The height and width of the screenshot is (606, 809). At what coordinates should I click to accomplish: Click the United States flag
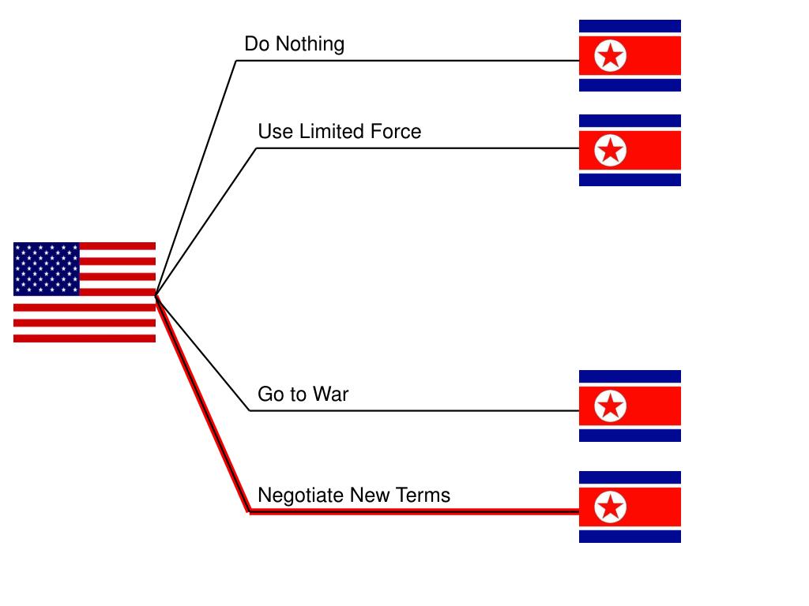pos(85,292)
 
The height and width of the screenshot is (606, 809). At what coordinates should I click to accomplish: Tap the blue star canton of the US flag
pos(47,268)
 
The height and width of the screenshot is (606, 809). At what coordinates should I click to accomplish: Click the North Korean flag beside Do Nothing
pos(630,55)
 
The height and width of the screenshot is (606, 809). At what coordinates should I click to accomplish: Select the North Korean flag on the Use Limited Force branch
pos(630,150)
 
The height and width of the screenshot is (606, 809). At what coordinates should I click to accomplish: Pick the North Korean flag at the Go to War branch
pos(630,406)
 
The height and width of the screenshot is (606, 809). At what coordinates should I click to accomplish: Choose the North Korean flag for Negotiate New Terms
pos(630,507)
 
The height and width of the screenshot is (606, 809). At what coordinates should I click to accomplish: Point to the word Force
pos(396,131)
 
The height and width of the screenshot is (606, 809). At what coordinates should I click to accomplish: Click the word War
pos(330,394)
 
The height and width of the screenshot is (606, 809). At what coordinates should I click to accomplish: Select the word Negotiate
pos(301,496)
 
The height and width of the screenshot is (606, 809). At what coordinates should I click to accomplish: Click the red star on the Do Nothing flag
pos(610,56)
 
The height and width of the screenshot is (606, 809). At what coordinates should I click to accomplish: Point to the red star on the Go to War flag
pos(610,406)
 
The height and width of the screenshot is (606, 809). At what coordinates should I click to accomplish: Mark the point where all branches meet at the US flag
pos(156,297)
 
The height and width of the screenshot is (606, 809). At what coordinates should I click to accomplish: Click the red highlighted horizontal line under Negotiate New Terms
pos(411,511)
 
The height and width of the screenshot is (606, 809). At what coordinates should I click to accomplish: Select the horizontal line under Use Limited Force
pos(411,148)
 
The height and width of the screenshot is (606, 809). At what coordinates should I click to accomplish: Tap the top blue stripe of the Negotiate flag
pos(630,477)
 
